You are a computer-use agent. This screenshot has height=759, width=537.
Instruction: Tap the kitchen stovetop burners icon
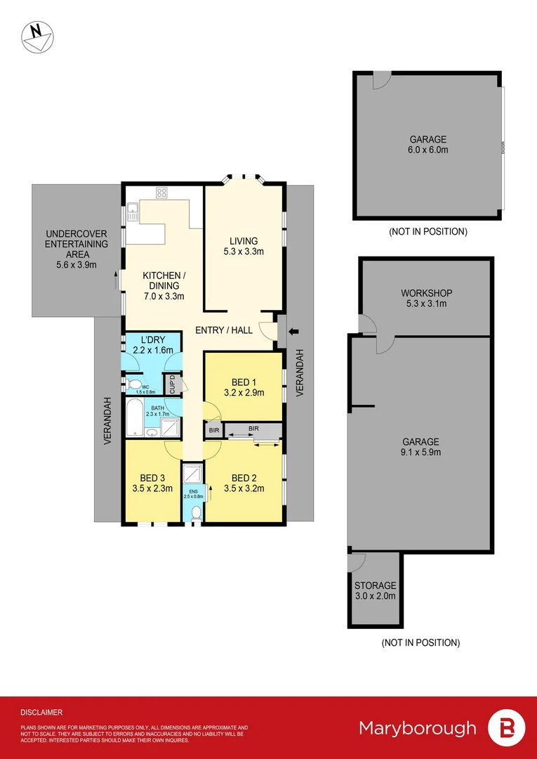click(161, 192)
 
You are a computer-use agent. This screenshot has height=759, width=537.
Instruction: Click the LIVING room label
click(244, 241)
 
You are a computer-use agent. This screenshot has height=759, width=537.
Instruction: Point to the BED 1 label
click(244, 382)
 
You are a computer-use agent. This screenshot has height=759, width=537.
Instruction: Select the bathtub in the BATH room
click(135, 420)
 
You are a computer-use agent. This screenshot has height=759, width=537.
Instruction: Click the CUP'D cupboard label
click(170, 384)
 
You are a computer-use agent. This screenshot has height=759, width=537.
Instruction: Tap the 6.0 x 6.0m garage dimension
click(428, 150)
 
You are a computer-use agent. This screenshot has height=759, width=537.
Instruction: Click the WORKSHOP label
click(426, 293)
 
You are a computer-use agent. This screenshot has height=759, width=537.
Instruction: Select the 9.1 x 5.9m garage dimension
click(420, 452)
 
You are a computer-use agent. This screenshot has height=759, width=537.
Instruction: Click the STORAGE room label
click(375, 585)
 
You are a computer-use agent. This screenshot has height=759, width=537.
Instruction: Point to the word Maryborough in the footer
click(418, 727)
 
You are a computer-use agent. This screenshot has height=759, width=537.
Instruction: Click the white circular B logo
click(505, 728)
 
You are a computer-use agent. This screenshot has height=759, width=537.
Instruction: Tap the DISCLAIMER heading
click(41, 712)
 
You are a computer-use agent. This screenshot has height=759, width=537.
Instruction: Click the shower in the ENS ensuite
click(192, 474)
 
